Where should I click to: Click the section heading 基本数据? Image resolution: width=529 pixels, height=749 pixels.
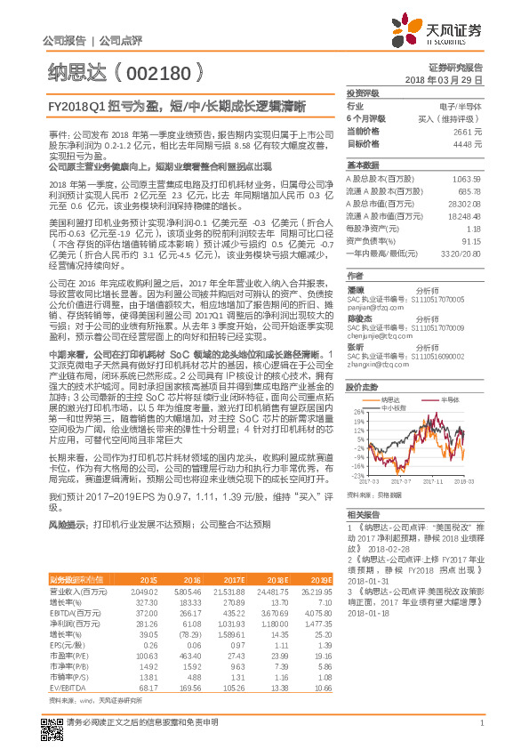(x=362, y=165)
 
